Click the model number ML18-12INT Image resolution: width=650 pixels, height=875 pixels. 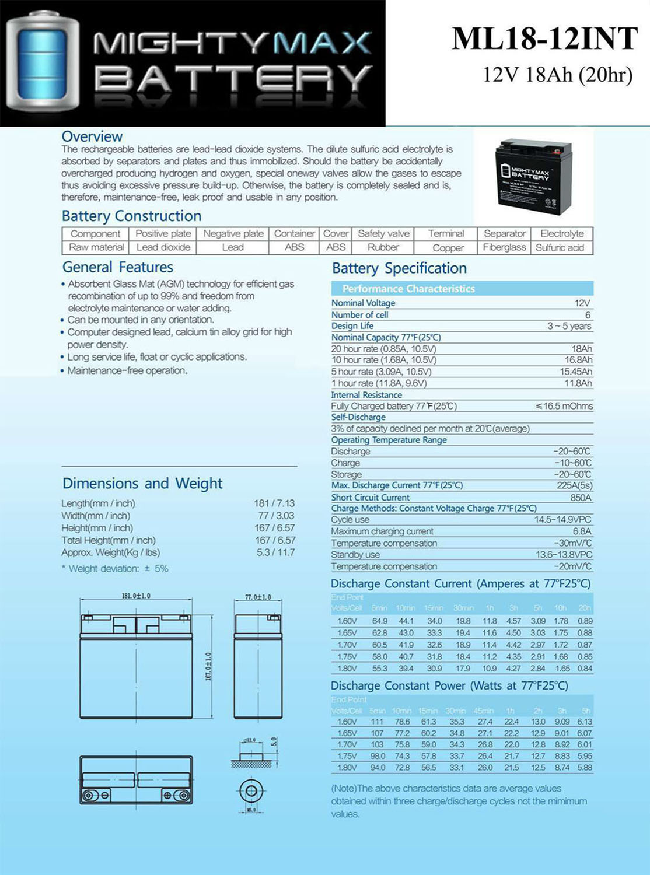(545, 38)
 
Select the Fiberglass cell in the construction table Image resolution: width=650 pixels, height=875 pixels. (504, 247)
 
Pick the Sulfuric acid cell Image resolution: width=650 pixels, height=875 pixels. (560, 247)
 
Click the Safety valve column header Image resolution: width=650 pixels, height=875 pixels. (383, 233)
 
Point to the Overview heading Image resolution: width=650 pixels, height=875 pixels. (92, 136)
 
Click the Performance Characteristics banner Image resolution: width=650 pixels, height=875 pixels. (408, 289)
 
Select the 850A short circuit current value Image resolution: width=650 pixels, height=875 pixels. (581, 498)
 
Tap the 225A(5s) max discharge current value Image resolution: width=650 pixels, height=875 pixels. (574, 485)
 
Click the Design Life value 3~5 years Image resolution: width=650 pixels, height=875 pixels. (569, 326)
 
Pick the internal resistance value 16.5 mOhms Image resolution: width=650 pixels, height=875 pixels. (564, 406)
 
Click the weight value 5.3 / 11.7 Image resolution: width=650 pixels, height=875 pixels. (275, 552)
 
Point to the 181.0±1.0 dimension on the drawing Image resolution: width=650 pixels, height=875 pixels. (135, 596)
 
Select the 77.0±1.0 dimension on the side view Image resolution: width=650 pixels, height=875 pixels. (257, 597)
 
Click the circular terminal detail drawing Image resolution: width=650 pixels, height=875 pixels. (251, 791)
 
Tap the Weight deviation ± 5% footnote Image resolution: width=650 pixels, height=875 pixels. (115, 568)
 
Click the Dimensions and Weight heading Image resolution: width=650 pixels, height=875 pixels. (142, 483)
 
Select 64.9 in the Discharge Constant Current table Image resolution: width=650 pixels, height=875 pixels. (379, 621)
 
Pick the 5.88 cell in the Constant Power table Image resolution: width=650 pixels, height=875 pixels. (585, 768)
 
